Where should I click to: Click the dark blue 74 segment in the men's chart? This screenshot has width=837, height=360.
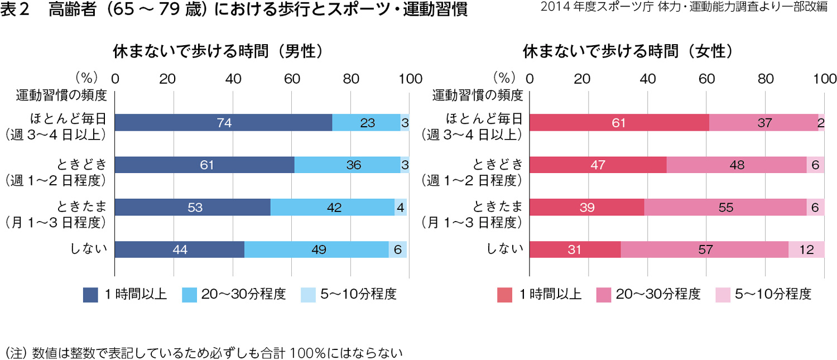point(223,123)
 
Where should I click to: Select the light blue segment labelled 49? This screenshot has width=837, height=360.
point(316,249)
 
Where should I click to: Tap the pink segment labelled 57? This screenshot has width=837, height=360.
point(704,249)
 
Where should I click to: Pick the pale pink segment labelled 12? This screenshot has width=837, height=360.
point(806,249)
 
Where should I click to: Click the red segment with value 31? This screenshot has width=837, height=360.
point(575,249)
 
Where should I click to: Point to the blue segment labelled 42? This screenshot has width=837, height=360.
point(333,207)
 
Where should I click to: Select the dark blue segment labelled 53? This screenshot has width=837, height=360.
point(193,207)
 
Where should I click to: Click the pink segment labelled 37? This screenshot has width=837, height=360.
point(763,123)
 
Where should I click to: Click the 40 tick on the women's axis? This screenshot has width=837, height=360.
point(647,79)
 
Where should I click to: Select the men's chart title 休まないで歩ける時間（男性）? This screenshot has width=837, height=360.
point(218,51)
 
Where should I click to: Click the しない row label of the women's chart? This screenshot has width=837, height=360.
point(504,249)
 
